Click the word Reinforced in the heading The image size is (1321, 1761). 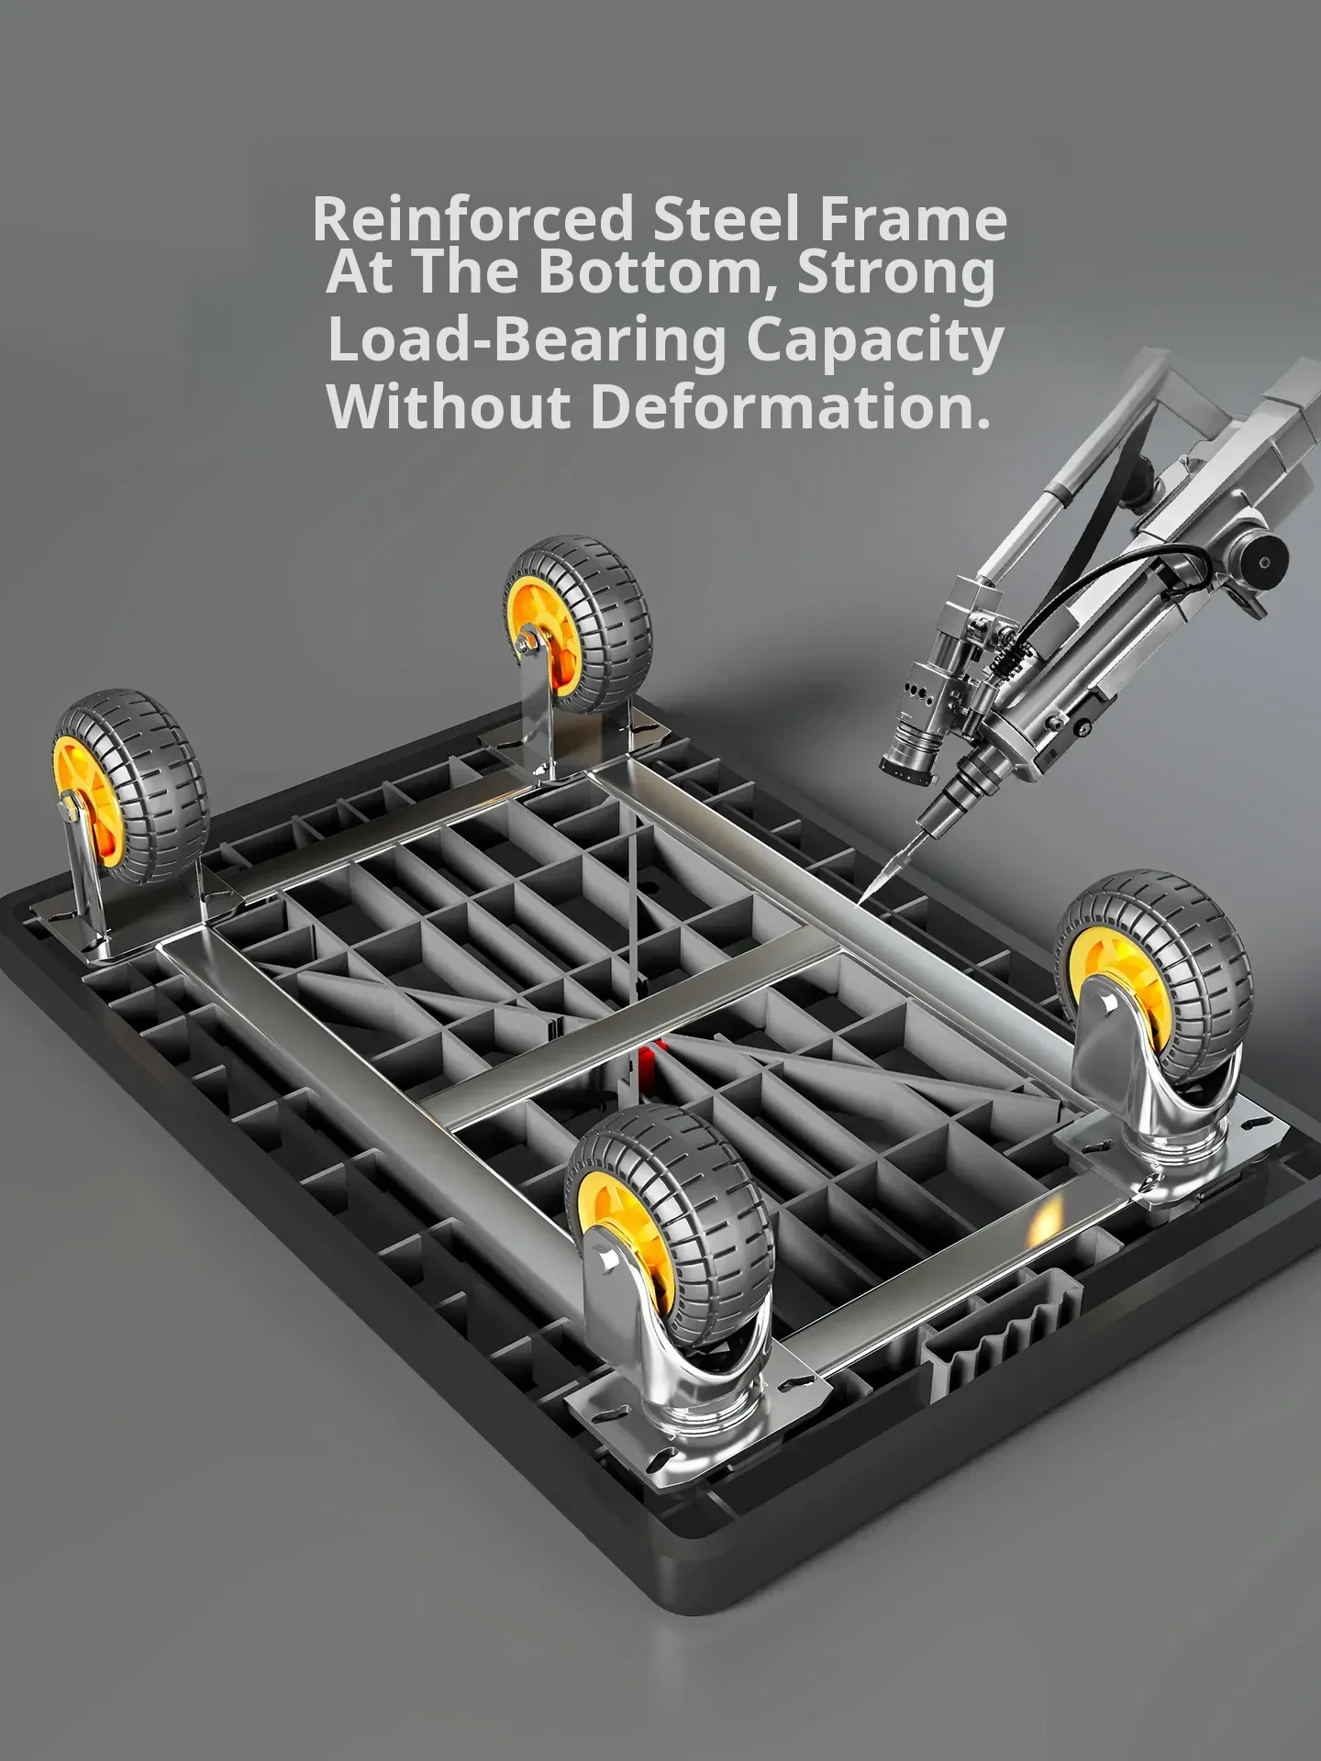point(473,218)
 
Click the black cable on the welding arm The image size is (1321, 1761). point(1082,587)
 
